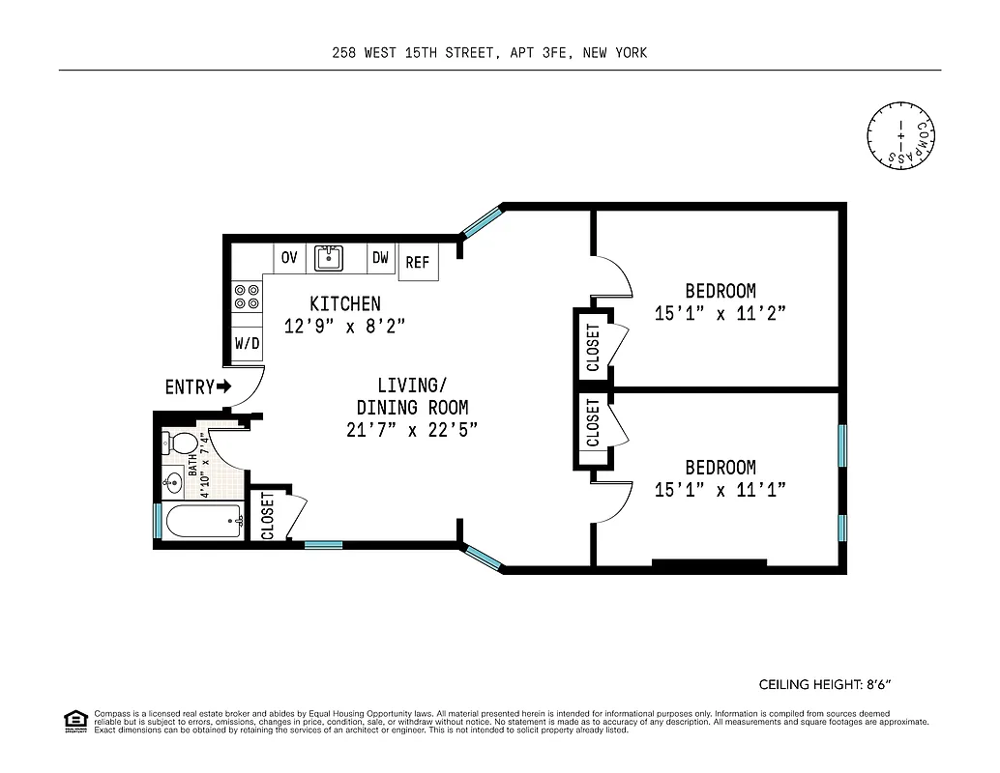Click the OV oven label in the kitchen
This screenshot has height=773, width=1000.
click(288, 258)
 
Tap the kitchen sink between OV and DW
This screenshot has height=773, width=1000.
click(330, 258)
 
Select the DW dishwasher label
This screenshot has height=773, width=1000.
click(380, 258)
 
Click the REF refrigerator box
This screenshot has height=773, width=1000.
click(418, 262)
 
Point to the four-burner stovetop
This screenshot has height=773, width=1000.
click(247, 296)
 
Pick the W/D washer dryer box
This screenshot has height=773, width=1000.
click(247, 343)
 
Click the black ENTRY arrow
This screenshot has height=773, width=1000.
click(224, 386)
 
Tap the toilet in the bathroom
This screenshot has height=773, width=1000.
click(181, 444)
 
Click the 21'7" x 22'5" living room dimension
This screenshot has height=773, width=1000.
click(412, 430)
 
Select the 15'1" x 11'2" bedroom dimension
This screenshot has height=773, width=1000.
click(721, 313)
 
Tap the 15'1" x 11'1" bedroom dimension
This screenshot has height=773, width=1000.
click(721, 490)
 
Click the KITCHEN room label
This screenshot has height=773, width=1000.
click(344, 303)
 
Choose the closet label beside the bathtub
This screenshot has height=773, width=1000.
click(268, 516)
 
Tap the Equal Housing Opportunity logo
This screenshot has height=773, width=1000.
click(74, 720)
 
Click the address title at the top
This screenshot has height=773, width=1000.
click(488, 53)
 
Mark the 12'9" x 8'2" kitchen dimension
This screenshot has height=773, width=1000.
click(344, 327)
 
